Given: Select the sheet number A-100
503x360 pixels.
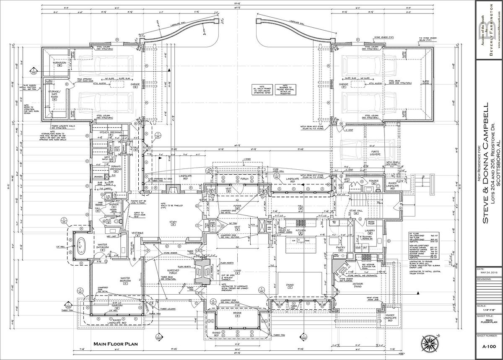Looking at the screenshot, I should pos(489,346).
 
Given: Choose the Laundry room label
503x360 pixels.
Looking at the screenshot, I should pos(370,231).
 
